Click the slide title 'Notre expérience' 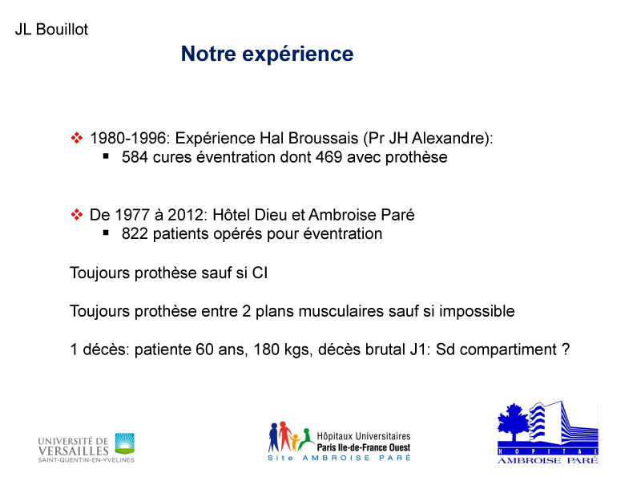click(x=267, y=54)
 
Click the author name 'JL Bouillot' click(x=51, y=30)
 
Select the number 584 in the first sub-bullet click(x=135, y=157)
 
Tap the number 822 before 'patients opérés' click(x=135, y=233)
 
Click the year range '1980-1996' click(x=127, y=138)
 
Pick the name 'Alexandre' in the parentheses click(x=448, y=138)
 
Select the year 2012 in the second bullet click(x=184, y=215)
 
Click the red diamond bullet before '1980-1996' click(x=76, y=138)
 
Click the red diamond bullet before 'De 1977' click(x=76, y=214)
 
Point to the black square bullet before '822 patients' click(x=106, y=232)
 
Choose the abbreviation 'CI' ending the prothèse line click(x=260, y=273)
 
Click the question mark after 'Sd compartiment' click(x=566, y=350)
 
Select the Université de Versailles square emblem click(x=124, y=443)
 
